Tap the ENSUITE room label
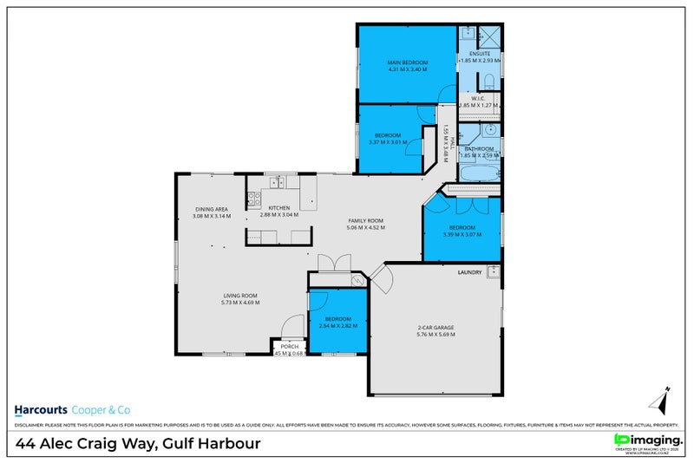480,54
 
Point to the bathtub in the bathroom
479,173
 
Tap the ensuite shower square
488,36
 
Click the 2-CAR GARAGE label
435,327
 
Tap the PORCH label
289,346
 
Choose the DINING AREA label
211,208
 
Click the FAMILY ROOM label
365,221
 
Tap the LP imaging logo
646,440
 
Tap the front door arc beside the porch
293,326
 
